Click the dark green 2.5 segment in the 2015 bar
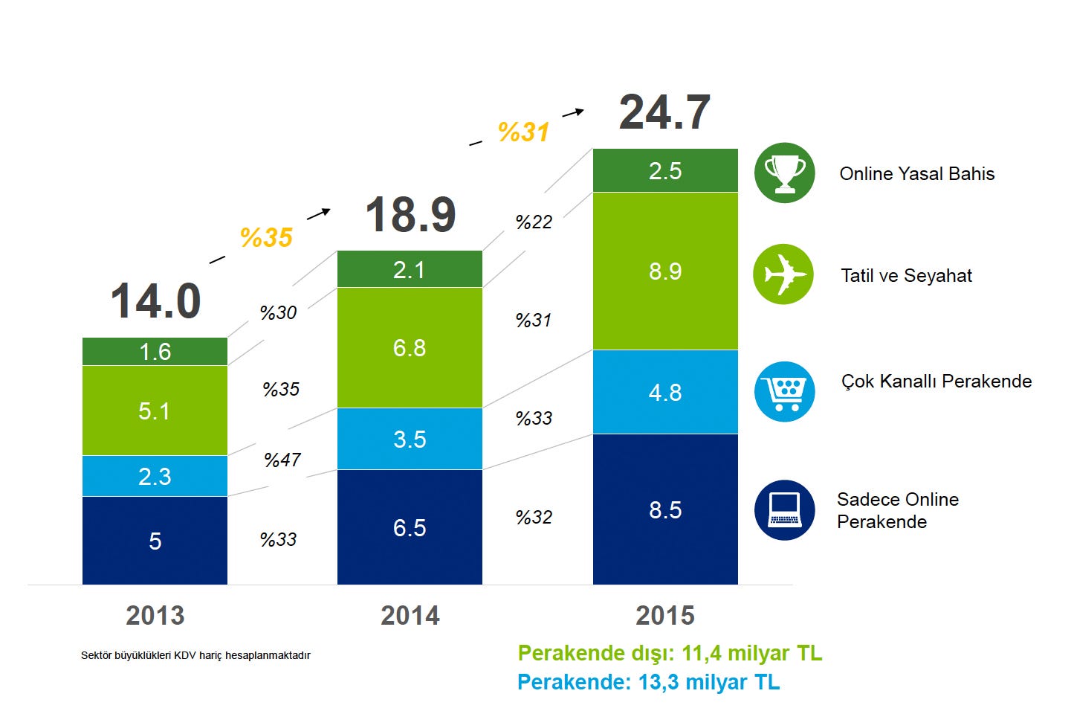tap(665, 170)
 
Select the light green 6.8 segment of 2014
tap(410, 347)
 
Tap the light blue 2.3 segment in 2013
tap(155, 476)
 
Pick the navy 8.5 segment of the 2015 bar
tap(665, 509)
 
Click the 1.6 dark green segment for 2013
tap(155, 351)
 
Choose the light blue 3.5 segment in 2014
tap(410, 439)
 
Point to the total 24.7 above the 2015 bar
tap(664, 112)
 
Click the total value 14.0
tap(155, 301)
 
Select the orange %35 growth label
tap(266, 238)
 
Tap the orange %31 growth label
tap(523, 132)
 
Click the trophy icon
tap(784, 173)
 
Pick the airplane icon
tap(783, 274)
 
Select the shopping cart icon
tap(784, 391)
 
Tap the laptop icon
tap(784, 509)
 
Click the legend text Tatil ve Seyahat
tap(906, 276)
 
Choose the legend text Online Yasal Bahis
tap(916, 174)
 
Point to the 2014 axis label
tap(410, 616)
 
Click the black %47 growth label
tap(282, 460)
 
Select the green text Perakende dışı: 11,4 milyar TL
tap(670, 653)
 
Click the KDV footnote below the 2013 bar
tap(195, 655)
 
